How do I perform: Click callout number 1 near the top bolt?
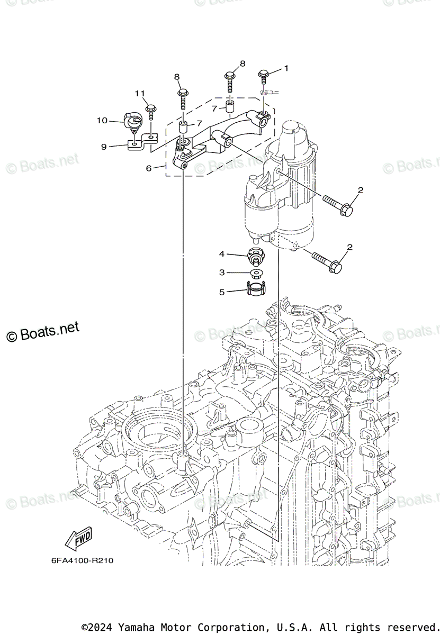point(286,68)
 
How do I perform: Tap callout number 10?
point(102,121)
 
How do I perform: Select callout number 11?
point(140,94)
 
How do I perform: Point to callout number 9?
point(104,147)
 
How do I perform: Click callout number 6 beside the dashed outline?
point(149,168)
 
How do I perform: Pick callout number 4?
point(222,254)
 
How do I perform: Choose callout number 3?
point(222,272)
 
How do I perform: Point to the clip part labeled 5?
point(255,290)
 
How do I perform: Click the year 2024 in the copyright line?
point(103,627)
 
